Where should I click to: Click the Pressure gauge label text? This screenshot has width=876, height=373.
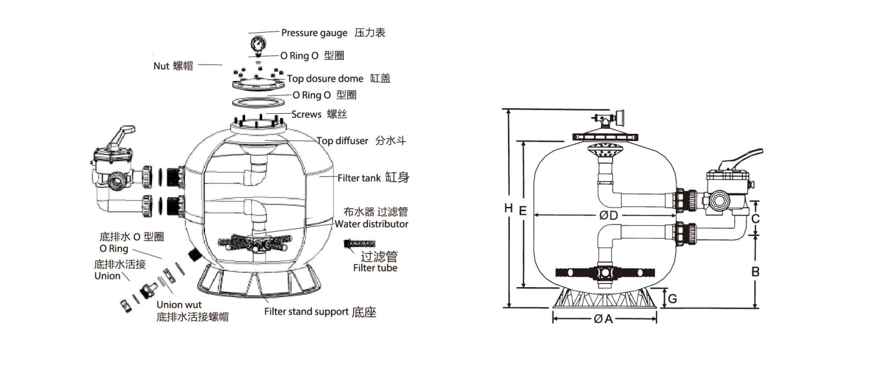(314, 33)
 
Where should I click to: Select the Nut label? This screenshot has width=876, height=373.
(161, 66)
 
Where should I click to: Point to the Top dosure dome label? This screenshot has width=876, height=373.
(325, 78)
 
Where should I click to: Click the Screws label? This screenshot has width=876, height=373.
(306, 114)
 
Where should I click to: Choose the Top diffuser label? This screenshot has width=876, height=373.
(342, 141)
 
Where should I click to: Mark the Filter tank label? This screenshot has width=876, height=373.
(359, 178)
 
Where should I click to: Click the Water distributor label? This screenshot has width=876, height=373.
(372, 224)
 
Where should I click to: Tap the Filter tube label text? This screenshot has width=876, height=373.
(375, 268)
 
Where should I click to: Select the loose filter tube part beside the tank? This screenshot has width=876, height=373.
(359, 244)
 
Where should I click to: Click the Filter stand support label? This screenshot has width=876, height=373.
(306, 312)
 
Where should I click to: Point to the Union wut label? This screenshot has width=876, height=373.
(179, 305)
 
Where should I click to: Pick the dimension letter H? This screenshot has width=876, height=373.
(508, 208)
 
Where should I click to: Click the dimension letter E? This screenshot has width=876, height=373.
(523, 211)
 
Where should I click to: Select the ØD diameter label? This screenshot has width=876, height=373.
(608, 215)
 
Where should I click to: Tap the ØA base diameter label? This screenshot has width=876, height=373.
(603, 319)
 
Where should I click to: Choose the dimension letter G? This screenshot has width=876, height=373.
(672, 299)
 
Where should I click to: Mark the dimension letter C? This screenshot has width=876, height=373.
(755, 218)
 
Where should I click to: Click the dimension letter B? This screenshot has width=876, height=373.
(755, 271)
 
